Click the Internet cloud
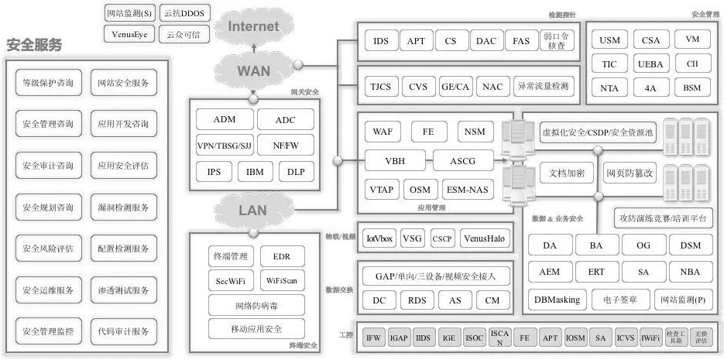click(252, 26)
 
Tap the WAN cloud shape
click(252, 70)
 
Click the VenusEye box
click(128, 34)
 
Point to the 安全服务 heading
click(34, 45)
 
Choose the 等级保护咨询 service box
click(48, 83)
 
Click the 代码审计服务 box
click(124, 331)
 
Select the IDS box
click(381, 42)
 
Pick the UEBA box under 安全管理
click(650, 63)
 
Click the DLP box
click(296, 171)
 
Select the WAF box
click(383, 132)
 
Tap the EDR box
click(276, 255)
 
